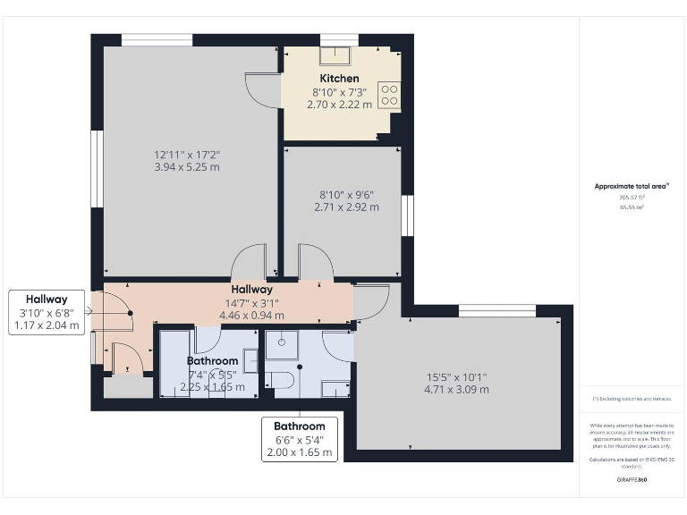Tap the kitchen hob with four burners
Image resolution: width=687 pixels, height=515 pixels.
389,94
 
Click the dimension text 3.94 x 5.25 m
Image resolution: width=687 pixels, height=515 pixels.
187,166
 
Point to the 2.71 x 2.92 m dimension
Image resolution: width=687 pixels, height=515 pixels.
346,207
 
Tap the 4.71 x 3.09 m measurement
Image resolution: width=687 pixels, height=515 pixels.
456,389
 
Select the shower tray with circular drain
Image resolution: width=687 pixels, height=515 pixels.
282,345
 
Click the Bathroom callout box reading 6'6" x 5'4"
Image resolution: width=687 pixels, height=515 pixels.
299,439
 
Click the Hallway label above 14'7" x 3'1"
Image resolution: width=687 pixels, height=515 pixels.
251,290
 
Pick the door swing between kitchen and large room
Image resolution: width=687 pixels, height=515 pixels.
261,89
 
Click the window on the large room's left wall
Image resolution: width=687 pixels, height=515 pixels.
97,169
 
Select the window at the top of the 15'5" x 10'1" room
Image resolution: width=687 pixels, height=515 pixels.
496,310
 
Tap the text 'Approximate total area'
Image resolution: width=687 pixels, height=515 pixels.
632,186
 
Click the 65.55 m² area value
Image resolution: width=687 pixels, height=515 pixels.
632,207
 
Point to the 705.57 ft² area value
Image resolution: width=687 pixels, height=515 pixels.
632,197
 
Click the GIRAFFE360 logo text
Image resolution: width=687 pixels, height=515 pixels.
632,480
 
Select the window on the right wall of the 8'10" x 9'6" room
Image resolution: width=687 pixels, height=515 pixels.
407,215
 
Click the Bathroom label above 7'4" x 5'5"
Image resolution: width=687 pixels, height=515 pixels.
212,361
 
